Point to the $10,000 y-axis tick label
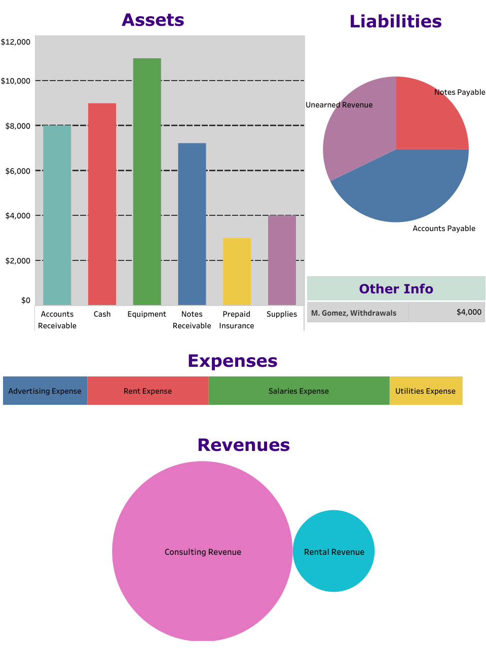[x=15, y=81]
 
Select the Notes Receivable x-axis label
[x=192, y=320]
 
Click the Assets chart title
[x=153, y=20]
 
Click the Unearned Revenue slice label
[x=339, y=105]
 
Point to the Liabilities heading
[x=395, y=21]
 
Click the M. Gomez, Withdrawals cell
[x=354, y=313]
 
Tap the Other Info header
[x=396, y=289]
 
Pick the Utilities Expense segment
[x=426, y=391]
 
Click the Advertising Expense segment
[x=45, y=391]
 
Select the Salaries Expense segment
[x=298, y=391]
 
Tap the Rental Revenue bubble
[x=333, y=551]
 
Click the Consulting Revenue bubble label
[x=203, y=552]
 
